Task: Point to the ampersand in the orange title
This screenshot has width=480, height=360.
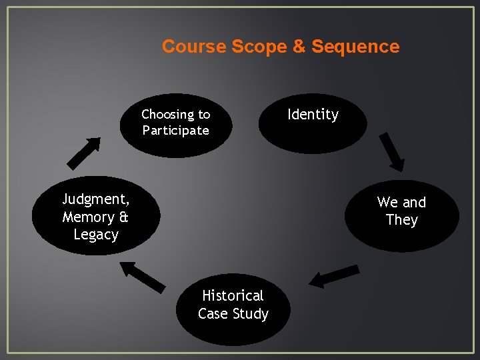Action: pyautogui.click(x=297, y=47)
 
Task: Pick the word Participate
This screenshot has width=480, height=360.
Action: pyautogui.click(x=175, y=131)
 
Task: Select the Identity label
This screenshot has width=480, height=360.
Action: pyautogui.click(x=313, y=115)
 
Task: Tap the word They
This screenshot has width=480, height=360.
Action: pyautogui.click(x=401, y=220)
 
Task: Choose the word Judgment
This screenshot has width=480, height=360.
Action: pyautogui.click(x=96, y=199)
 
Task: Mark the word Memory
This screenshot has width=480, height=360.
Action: pyautogui.click(x=89, y=217)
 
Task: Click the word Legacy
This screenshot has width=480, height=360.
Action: pyautogui.click(x=96, y=235)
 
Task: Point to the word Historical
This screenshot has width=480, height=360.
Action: pyautogui.click(x=233, y=295)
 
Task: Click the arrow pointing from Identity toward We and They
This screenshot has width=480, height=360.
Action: pyautogui.click(x=391, y=152)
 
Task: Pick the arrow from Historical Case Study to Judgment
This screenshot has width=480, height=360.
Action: pyautogui.click(x=143, y=276)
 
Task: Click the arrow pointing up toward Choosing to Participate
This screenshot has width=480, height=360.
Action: pyautogui.click(x=84, y=153)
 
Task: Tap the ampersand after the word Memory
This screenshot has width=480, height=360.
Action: pyautogui.click(x=122, y=217)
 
